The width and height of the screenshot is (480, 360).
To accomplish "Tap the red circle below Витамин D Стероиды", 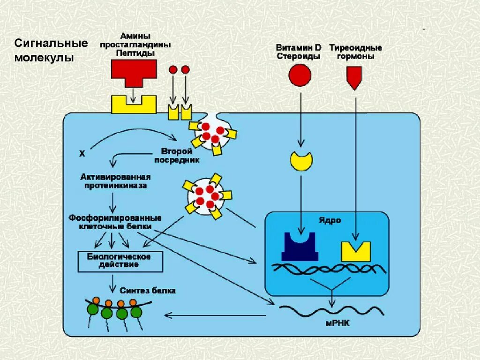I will click(300, 75).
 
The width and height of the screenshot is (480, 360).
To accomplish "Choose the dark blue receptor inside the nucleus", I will click(300, 248).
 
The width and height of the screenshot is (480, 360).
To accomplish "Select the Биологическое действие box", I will click(120, 261).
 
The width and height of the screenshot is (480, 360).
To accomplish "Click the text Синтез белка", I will click(148, 291).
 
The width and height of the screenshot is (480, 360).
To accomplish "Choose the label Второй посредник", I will click(177, 156).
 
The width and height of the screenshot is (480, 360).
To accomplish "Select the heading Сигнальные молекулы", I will click(51, 51).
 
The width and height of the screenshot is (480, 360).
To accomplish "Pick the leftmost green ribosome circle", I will click(93, 309).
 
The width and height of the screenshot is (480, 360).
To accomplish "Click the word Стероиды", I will click(298, 56).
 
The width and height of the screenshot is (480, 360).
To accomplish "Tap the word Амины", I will click(135, 36).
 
